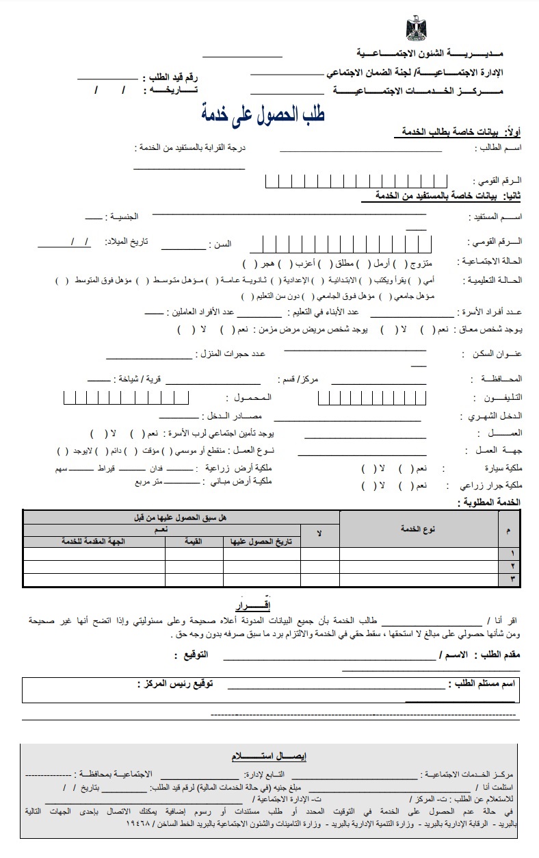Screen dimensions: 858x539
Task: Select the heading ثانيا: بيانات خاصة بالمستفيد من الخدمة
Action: point(448,196)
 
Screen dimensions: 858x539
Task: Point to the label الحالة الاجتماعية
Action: point(494,262)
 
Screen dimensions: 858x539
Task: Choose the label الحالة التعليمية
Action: point(494,280)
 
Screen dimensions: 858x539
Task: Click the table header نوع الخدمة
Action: point(418,529)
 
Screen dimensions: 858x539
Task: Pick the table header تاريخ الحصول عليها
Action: point(262,541)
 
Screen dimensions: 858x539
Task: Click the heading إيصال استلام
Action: point(269,755)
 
